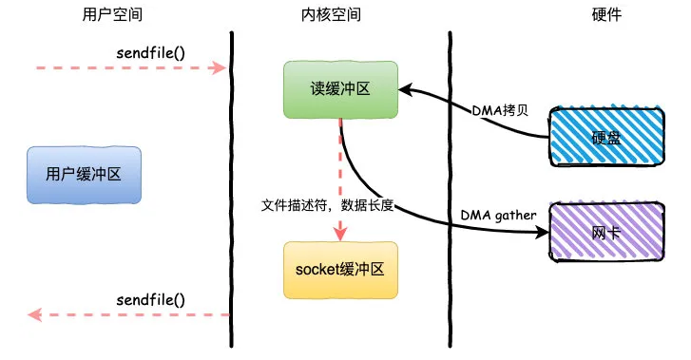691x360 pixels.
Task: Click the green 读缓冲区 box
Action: coord(339,89)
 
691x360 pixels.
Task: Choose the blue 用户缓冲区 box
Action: coord(83,175)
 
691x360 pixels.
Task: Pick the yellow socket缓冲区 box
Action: coord(339,270)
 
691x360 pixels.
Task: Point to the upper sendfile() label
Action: coord(149,50)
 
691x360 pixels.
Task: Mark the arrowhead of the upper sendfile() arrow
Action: coord(220,67)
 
